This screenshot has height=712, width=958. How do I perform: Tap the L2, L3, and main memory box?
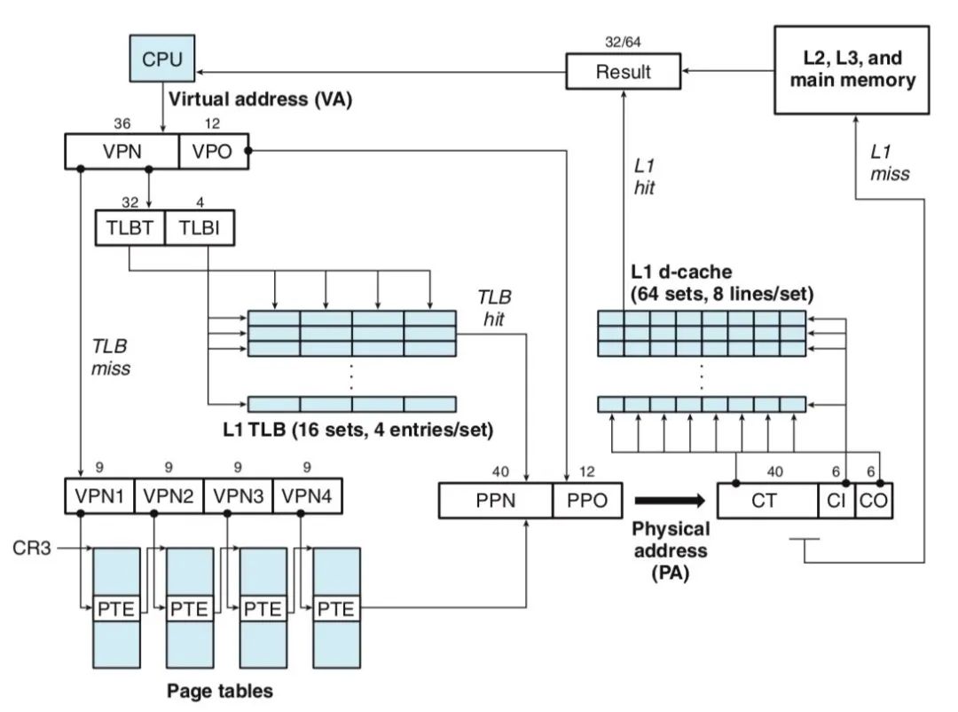pyautogui.click(x=852, y=69)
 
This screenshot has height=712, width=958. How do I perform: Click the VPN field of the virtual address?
pyautogui.click(x=122, y=151)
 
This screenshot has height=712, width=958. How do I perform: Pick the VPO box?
pyautogui.click(x=212, y=151)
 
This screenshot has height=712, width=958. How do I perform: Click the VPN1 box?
pyautogui.click(x=98, y=495)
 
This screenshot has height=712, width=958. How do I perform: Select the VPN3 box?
pyautogui.click(x=237, y=495)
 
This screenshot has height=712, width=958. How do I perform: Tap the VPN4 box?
pyautogui.click(x=307, y=495)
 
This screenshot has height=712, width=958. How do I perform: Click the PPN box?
pyautogui.click(x=496, y=501)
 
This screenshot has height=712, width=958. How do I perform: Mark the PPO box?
pyautogui.click(x=587, y=501)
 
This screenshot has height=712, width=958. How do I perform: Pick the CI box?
pyautogui.click(x=835, y=501)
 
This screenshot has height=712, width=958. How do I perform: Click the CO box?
pyautogui.click(x=873, y=501)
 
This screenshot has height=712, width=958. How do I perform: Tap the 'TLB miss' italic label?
pyautogui.click(x=110, y=356)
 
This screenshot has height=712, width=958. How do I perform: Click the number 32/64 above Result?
pyautogui.click(x=623, y=41)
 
